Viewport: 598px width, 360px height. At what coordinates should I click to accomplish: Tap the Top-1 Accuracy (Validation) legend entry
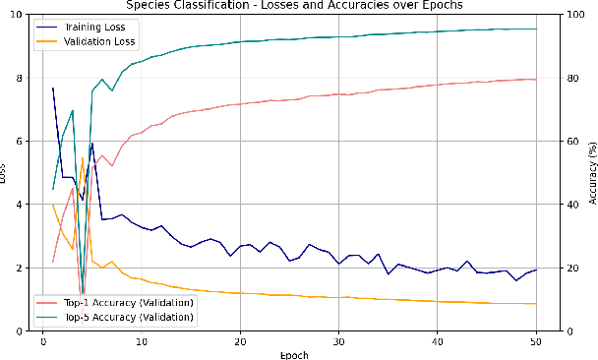coord(124,301)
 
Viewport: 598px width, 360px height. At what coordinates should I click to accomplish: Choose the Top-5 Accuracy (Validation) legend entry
coord(124,317)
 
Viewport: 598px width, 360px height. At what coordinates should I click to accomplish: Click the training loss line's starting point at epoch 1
coord(53,88)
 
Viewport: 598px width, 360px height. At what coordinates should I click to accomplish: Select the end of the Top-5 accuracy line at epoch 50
coord(535,29)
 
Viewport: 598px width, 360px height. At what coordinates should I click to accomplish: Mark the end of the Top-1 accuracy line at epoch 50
coord(535,80)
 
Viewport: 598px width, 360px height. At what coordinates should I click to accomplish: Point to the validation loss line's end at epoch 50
coord(535,304)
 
